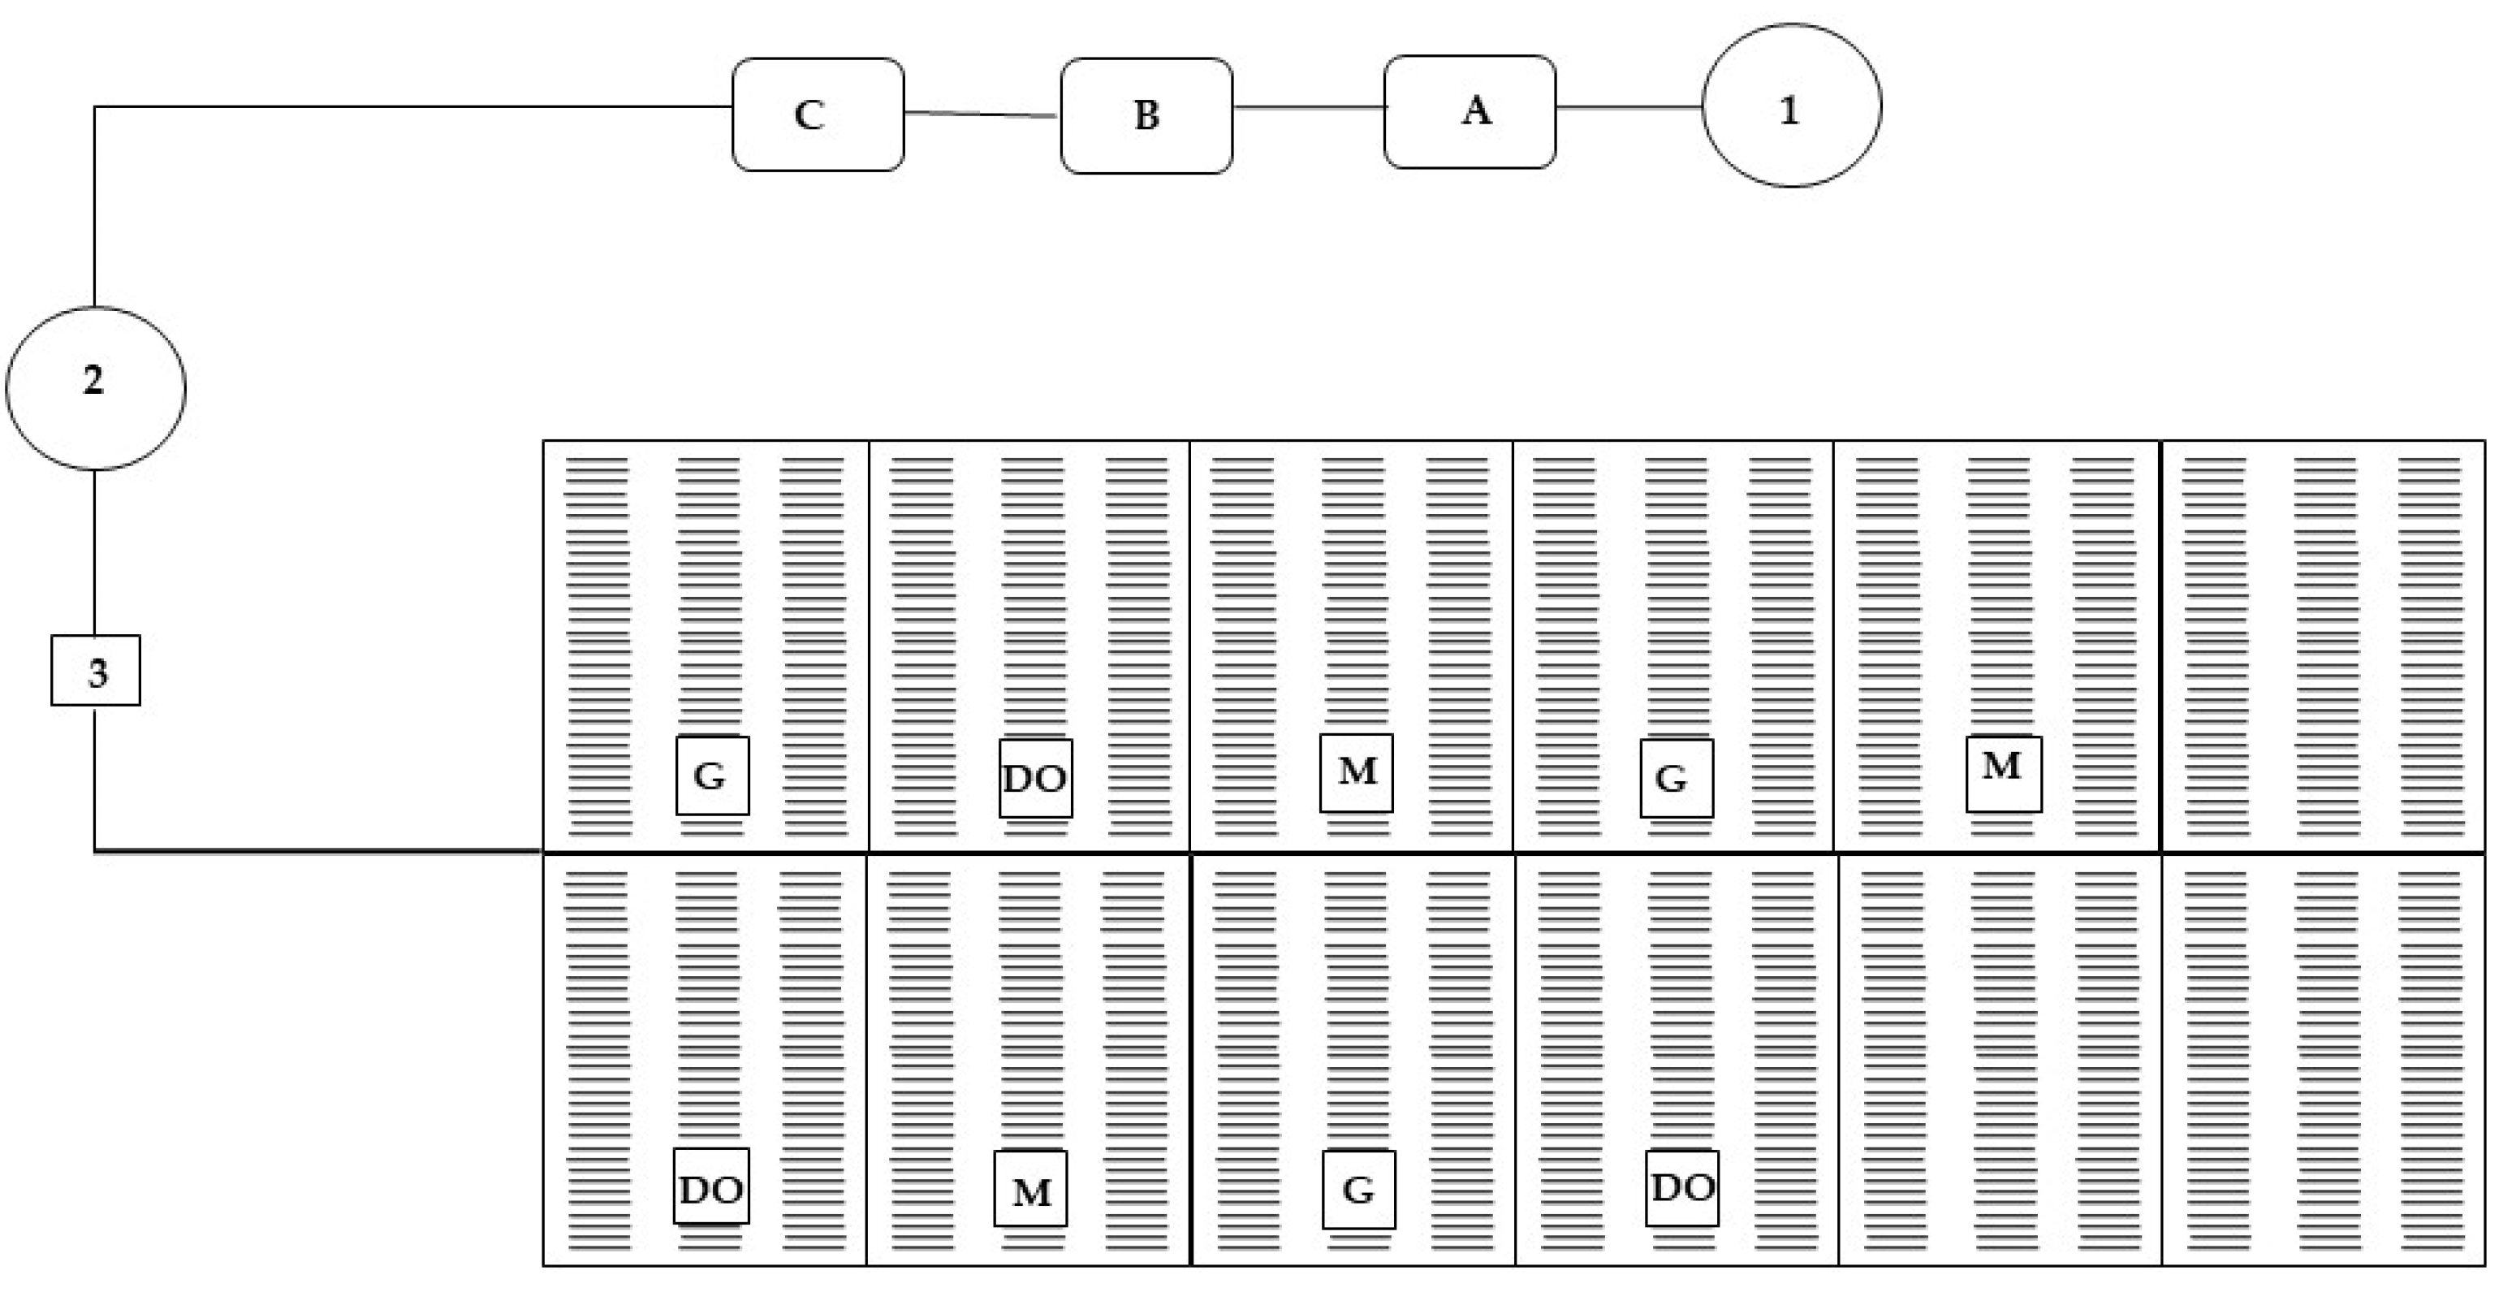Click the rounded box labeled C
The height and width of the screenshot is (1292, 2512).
click(818, 114)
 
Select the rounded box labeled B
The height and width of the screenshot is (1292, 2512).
click(1146, 115)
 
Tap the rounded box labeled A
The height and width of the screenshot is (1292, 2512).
click(1469, 111)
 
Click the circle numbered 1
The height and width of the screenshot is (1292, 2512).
click(1791, 106)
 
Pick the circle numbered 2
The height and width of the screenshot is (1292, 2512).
click(96, 387)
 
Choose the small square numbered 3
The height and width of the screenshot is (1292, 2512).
click(96, 670)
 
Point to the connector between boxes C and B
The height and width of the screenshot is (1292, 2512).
click(981, 114)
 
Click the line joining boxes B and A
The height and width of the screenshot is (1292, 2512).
click(1308, 107)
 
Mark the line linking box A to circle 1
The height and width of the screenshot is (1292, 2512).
click(1629, 107)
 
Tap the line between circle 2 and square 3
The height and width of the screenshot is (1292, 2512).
click(95, 552)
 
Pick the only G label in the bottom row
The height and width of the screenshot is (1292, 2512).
click(1358, 1190)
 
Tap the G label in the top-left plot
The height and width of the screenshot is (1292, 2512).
click(713, 776)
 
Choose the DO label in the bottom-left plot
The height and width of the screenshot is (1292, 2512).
click(711, 1186)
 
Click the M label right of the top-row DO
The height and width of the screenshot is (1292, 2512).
click(1357, 772)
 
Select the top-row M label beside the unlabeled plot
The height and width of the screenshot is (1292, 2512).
click(2003, 773)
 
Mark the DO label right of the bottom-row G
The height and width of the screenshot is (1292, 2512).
click(1682, 1188)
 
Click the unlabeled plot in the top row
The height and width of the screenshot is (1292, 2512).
click(2323, 646)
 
